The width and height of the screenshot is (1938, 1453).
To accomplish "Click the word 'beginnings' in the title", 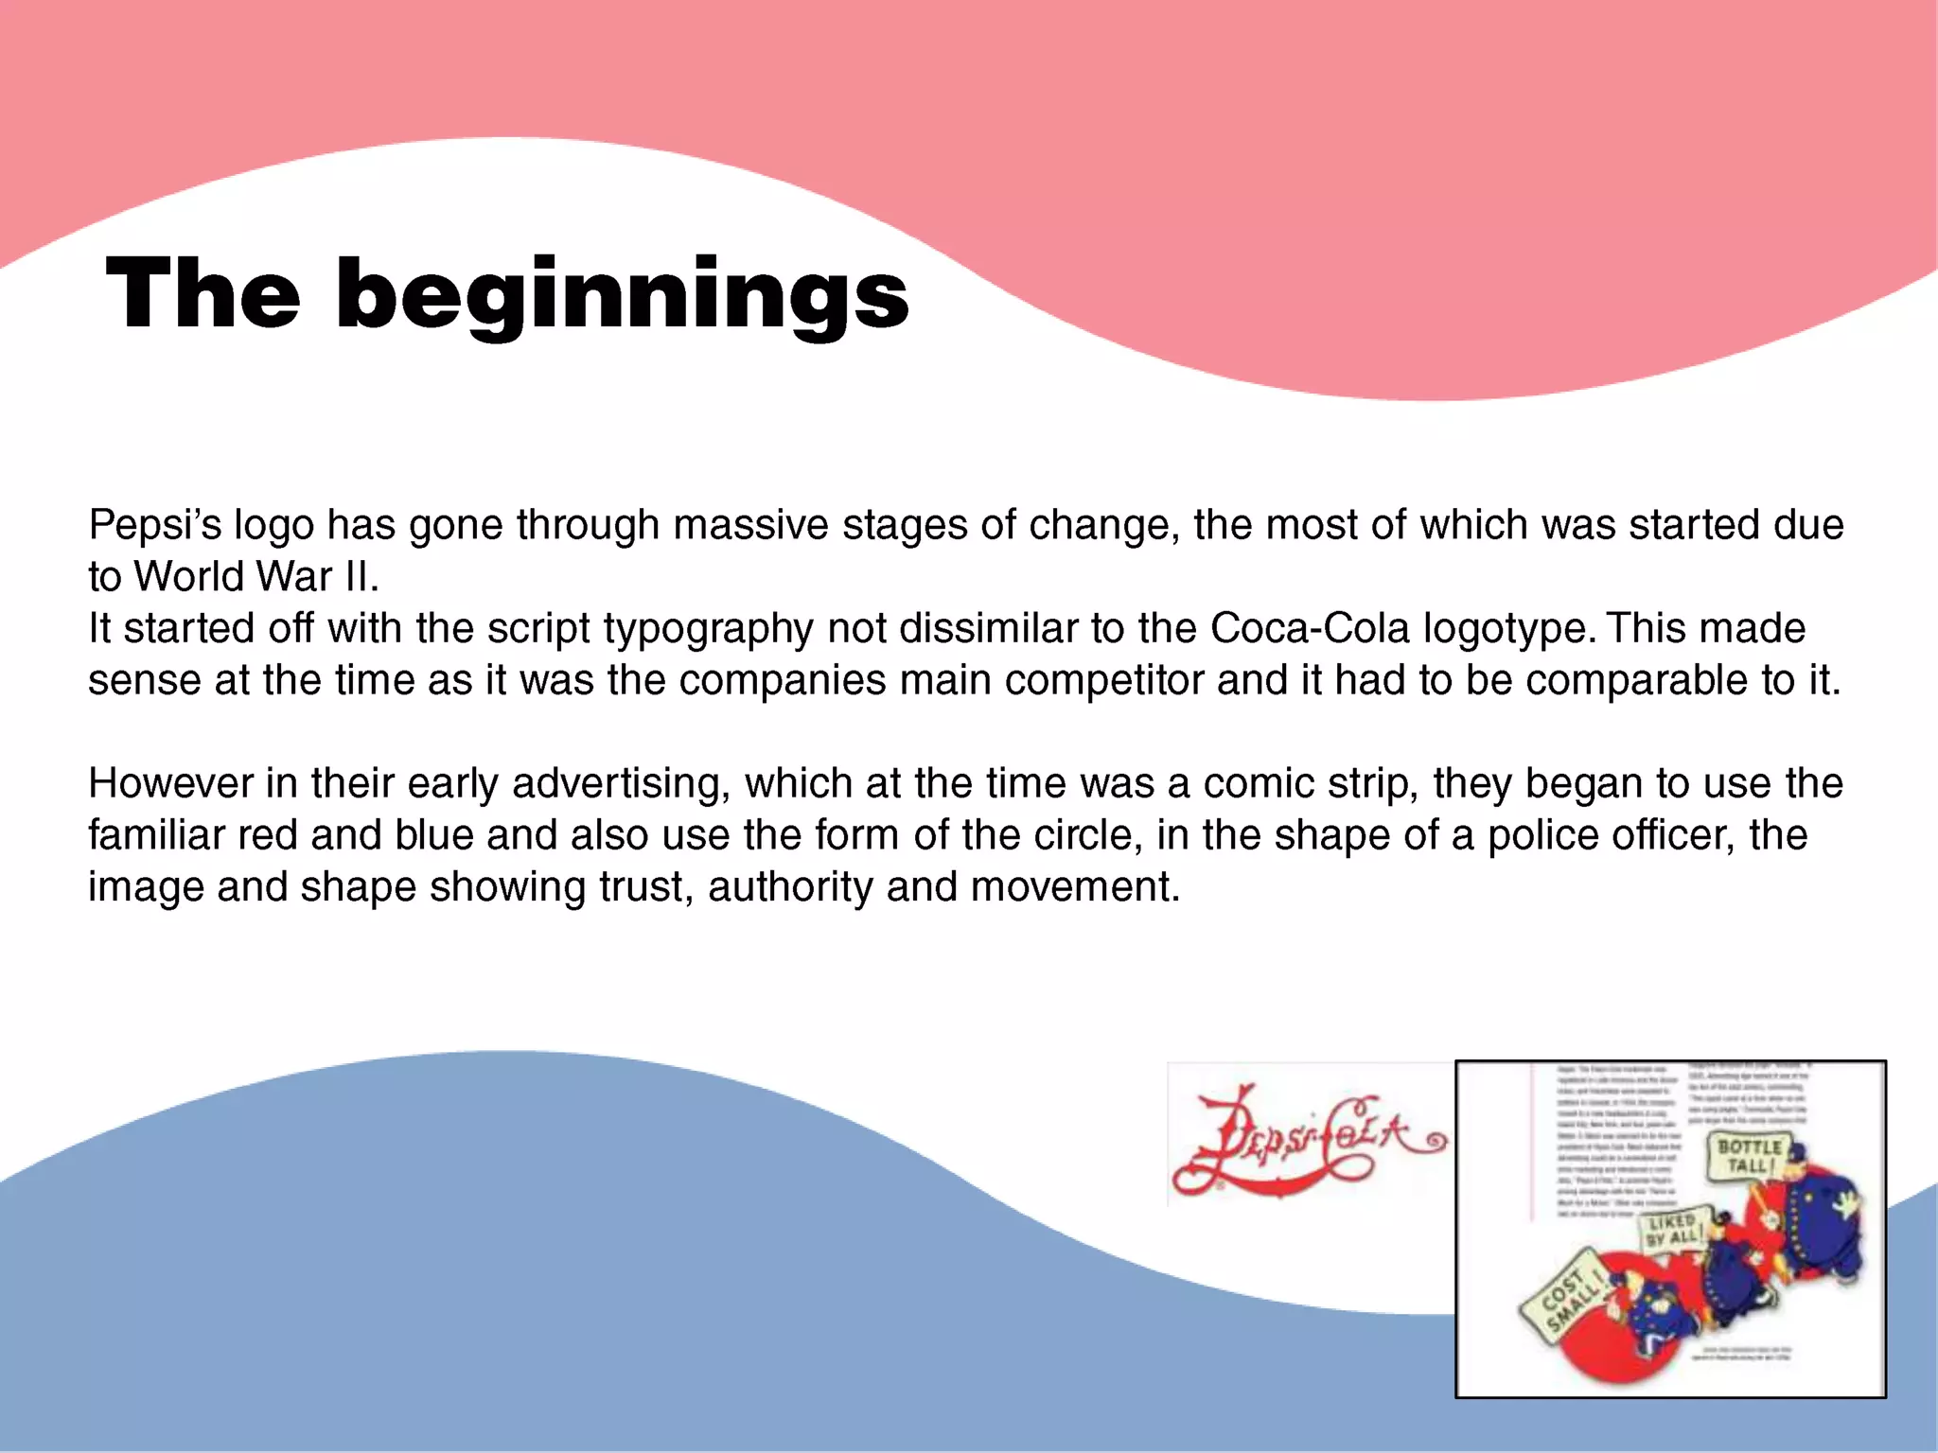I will pyautogui.click(x=622, y=295).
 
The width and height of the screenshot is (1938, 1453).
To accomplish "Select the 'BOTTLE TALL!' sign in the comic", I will pyautogui.click(x=1750, y=1156).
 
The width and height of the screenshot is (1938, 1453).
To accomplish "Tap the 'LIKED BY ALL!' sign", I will pyautogui.click(x=1672, y=1229).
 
